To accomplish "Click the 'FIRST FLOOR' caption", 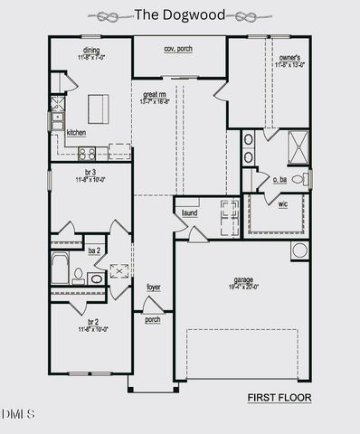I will [279, 397].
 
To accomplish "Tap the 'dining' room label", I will [91, 51].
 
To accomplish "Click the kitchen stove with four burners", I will [87, 152].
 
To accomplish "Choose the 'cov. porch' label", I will [178, 48].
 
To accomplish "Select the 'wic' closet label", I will [282, 204].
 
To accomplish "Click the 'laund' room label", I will [189, 212].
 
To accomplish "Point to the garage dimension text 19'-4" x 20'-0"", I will [242, 287].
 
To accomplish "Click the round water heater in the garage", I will [299, 250].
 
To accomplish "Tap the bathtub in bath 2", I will [60, 269].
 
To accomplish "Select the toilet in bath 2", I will [79, 276].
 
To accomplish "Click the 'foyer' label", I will [154, 287].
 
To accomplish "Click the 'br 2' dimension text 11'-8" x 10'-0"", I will [93, 329].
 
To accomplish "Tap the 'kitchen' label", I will [76, 132].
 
